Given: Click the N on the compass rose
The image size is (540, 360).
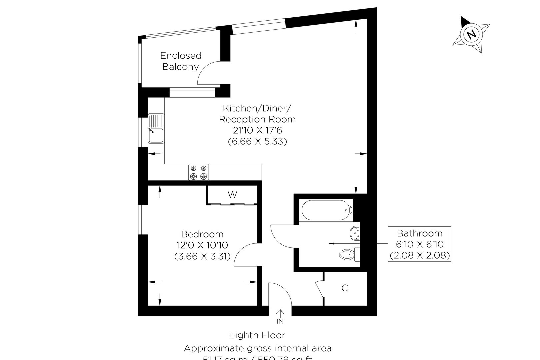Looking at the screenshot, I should (471, 34).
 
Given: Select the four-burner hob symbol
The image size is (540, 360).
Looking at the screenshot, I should (199, 172).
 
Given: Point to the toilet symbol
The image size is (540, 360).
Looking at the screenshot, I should (348, 255).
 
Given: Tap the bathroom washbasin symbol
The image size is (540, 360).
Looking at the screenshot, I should (355, 232).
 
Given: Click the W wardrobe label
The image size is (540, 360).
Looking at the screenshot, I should (232, 194).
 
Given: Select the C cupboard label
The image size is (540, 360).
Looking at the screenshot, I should (345, 288).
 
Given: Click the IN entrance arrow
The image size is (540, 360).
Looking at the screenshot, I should (280, 316).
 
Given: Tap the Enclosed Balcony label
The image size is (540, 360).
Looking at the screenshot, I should (181, 61).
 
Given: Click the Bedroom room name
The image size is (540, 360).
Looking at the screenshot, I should (202, 234).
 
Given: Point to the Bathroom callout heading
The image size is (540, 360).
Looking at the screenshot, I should (420, 233).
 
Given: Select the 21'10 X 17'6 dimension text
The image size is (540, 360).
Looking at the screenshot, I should (257, 130).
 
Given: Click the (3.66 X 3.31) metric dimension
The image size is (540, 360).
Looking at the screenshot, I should (202, 257).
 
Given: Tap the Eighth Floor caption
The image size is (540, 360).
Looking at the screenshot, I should (257, 335).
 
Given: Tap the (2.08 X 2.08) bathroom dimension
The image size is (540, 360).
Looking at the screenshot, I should (420, 256).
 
